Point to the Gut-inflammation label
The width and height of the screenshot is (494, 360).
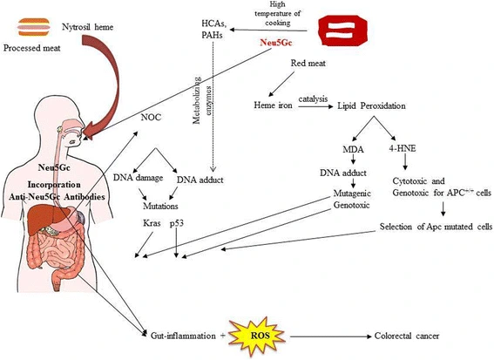(x=182, y=334)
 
